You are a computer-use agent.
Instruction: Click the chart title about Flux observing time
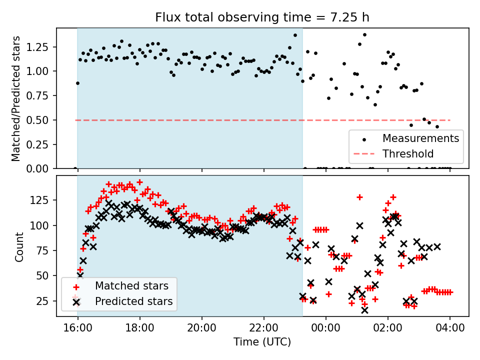[x=262, y=18]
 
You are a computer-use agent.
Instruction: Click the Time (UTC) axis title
[x=262, y=342]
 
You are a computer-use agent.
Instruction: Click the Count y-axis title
[x=19, y=246]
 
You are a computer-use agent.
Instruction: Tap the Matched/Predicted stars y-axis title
[x=16, y=98]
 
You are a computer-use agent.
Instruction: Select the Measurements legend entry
[x=420, y=138]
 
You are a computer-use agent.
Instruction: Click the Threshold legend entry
[x=407, y=153]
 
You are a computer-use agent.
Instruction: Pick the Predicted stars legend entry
[x=133, y=301]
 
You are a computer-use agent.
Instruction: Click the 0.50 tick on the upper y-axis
[x=40, y=120]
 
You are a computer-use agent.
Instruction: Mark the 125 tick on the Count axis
[x=43, y=200]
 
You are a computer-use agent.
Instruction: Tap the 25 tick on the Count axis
[x=45, y=301]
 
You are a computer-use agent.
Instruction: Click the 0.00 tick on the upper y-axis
[x=40, y=168]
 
